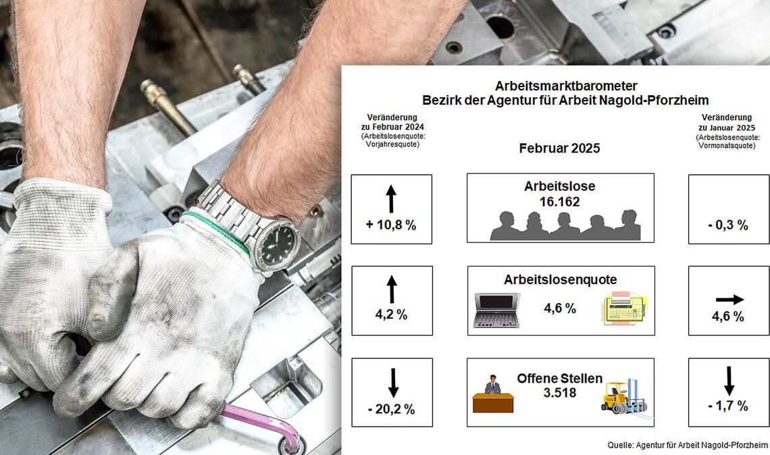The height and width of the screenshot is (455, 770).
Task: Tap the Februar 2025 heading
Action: point(559,149)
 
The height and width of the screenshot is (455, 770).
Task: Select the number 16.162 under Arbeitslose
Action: point(560,202)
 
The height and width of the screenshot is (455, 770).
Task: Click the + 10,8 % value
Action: point(391,225)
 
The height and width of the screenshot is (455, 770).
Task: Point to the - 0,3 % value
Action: point(728,225)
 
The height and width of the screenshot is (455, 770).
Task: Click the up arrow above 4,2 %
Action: point(391,290)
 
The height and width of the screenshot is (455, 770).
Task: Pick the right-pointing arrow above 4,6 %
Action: point(729,299)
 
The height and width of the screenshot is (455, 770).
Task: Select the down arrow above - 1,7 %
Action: point(729,381)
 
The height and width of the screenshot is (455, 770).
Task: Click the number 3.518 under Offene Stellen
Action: point(559,392)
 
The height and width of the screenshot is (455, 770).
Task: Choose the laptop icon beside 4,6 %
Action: point(496,310)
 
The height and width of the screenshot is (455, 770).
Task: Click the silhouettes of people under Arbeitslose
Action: point(565,225)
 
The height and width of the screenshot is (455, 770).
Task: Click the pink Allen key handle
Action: point(263,421)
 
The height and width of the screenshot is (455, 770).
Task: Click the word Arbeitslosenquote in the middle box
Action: point(560,279)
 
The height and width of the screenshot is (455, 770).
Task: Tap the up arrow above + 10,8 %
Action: point(390,199)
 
